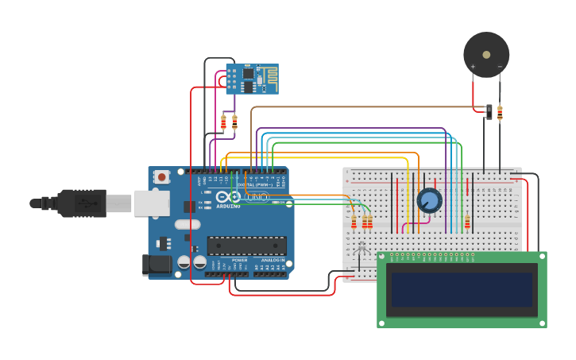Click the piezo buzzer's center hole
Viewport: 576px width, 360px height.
point(486,55)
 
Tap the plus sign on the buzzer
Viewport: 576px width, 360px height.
point(473,67)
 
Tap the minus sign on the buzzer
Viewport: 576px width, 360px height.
point(500,67)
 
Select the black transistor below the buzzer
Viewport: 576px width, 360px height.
point(489,111)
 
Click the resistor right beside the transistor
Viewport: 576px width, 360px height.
point(500,113)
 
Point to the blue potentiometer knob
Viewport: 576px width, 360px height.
point(429,200)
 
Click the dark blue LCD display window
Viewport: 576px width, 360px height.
point(461,289)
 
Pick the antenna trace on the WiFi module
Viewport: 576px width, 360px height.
point(269,79)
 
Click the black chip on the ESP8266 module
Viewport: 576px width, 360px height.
point(248,74)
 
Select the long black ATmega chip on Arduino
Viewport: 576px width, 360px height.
point(246,246)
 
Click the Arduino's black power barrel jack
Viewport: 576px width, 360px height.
point(157,265)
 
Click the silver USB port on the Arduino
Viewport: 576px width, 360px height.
point(151,203)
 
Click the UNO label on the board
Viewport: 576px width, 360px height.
point(257,196)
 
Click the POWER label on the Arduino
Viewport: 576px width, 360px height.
point(239,260)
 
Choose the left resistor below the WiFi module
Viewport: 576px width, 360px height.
point(223,122)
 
